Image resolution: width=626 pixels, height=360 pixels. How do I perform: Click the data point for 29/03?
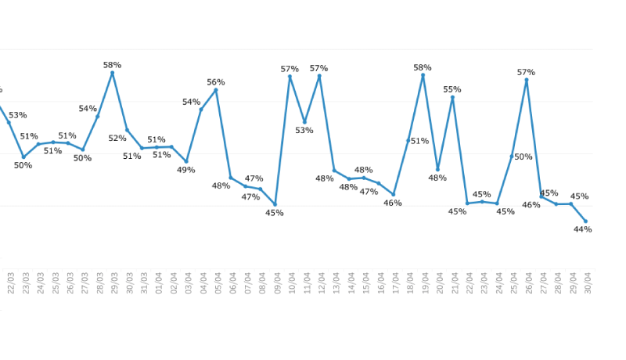pos(113,73)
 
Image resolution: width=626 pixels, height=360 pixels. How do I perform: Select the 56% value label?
pos(216,82)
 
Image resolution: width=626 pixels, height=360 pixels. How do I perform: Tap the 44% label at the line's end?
pos(582,229)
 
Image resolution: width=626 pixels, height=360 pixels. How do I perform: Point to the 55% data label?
pos(452,89)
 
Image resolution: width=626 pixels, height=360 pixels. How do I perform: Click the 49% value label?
pos(186,170)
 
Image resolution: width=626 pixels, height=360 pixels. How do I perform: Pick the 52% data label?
pos(117,139)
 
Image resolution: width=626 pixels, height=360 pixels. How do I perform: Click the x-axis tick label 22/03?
pos(11,283)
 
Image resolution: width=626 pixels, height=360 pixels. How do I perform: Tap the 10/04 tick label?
pos(291,283)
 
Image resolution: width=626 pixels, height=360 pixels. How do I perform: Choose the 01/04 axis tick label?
pos(158,283)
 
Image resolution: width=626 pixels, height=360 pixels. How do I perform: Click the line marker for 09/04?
pos(275,204)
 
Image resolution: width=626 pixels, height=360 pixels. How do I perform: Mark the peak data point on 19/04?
pos(423,75)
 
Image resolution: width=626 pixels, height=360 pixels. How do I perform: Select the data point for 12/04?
pos(319,76)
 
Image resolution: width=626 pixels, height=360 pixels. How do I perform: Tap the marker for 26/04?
pos(527,80)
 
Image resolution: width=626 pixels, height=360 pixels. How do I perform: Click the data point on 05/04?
pos(216,90)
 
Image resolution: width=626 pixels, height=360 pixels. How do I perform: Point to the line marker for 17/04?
pos(394,194)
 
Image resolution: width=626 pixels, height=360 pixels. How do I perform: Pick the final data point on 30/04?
pos(585,221)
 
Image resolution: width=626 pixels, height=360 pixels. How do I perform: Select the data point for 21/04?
pos(452,98)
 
